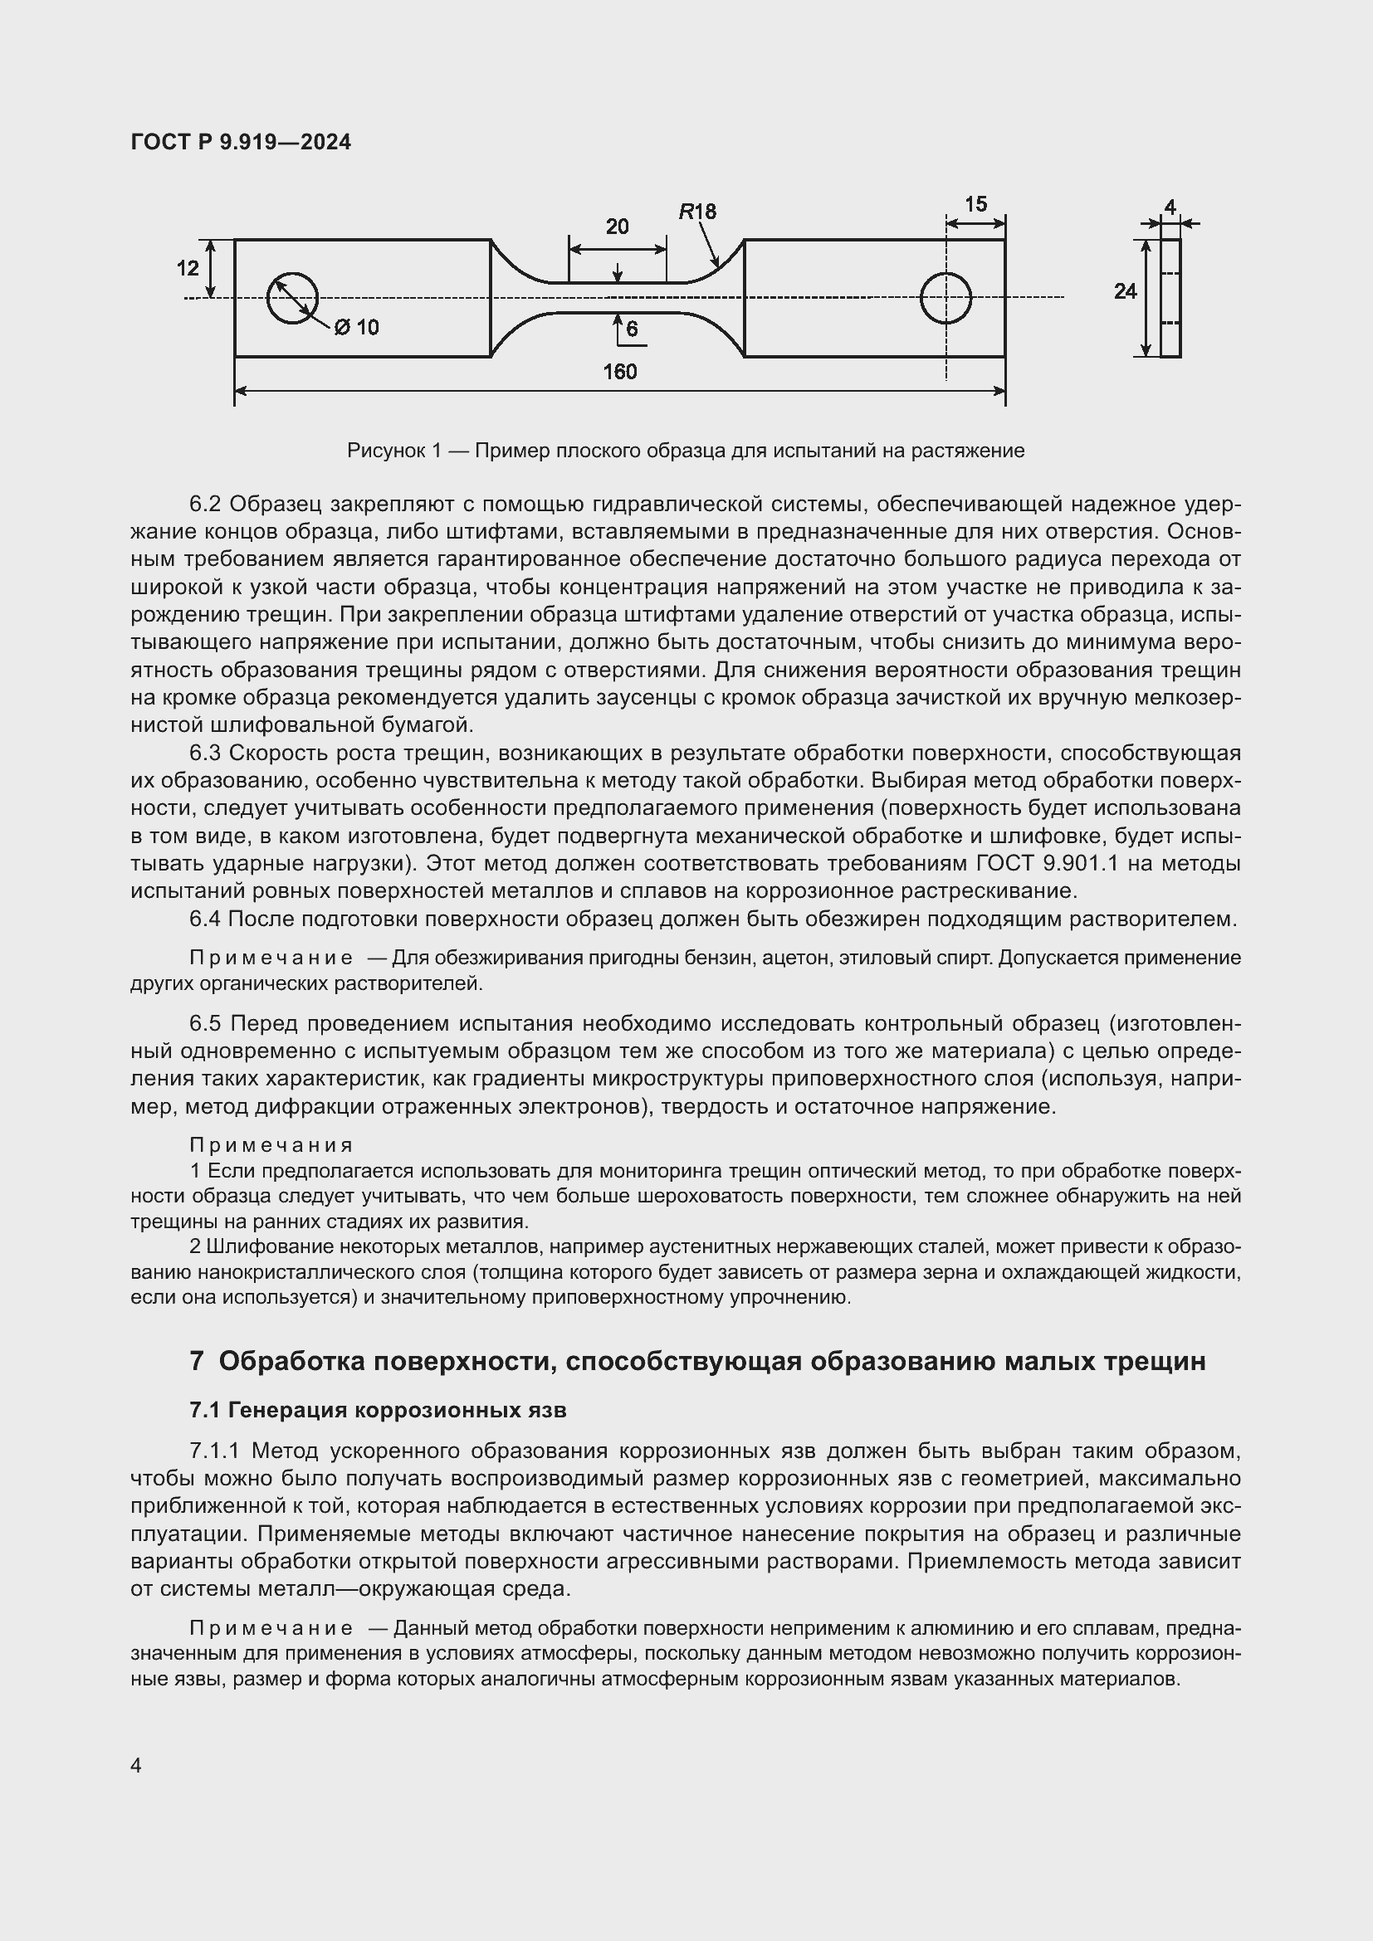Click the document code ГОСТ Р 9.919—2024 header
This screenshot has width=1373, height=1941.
pos(241,142)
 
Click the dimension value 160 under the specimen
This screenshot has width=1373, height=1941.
pos(620,372)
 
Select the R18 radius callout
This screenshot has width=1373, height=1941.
pos(697,212)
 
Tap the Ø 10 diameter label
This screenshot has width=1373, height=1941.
pos(356,327)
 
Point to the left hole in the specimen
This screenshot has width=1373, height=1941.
pos(291,298)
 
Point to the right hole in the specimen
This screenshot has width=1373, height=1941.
pos(945,298)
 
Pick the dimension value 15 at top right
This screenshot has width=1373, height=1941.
pos(975,204)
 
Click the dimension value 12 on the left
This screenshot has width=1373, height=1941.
pos(188,268)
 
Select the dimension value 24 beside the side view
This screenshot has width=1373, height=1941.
pos(1126,291)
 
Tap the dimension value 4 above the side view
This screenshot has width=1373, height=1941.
pos(1170,207)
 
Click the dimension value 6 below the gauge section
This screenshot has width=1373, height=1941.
pos(632,329)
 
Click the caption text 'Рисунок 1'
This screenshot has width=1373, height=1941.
pos(394,451)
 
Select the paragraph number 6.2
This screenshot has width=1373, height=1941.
pos(204,505)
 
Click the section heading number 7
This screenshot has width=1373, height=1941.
pos(197,1361)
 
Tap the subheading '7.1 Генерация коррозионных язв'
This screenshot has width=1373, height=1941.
pos(378,1410)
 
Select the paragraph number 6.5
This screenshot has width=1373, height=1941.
pos(204,1024)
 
